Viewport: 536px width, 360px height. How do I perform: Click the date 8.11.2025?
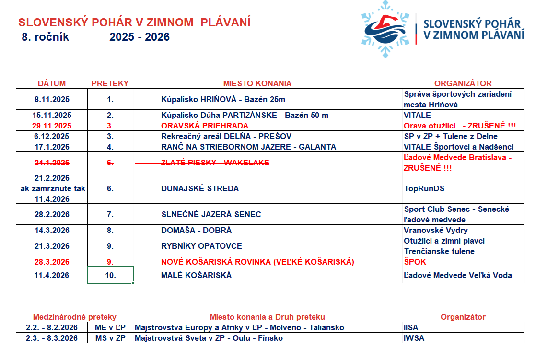click(x=52, y=100)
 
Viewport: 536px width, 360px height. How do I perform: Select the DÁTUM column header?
click(x=52, y=83)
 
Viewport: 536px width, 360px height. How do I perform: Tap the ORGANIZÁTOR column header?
click(x=463, y=83)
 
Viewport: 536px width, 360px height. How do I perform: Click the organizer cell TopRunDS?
click(x=424, y=188)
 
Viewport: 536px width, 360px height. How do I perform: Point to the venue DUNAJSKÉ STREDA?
click(x=200, y=188)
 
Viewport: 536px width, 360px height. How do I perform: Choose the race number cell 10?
click(x=110, y=275)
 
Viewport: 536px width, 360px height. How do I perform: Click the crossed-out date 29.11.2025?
click(x=52, y=126)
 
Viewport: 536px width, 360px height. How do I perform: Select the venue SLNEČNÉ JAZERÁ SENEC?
click(x=211, y=214)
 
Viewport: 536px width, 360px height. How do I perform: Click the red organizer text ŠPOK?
click(x=415, y=262)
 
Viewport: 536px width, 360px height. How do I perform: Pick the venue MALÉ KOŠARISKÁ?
click(x=197, y=275)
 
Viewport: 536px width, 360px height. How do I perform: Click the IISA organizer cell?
click(x=411, y=328)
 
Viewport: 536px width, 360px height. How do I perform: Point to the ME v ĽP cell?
click(x=110, y=328)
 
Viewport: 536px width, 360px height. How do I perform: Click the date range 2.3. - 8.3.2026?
click(x=52, y=338)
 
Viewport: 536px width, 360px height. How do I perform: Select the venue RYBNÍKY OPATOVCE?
click(x=201, y=246)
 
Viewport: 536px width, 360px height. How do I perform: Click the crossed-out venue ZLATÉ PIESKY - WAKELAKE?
click(x=215, y=163)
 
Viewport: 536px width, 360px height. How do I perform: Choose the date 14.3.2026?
click(x=52, y=230)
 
